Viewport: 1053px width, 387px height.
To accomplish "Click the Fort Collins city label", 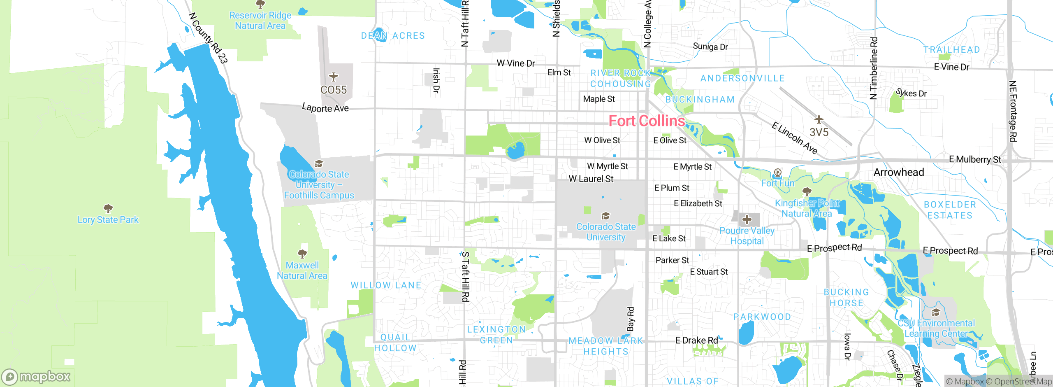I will pyautogui.click(x=647, y=121).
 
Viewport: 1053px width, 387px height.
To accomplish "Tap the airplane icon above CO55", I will pyautogui.click(x=334, y=77).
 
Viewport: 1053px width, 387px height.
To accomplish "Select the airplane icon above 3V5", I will pyautogui.click(x=819, y=119).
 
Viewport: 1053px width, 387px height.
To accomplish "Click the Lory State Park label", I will pyautogui.click(x=108, y=220).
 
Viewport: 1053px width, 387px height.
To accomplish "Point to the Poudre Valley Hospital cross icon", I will pyautogui.click(x=747, y=219).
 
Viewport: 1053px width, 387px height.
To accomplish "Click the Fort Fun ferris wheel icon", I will pyautogui.click(x=777, y=173).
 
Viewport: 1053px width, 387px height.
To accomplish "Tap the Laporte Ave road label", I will pyautogui.click(x=325, y=108).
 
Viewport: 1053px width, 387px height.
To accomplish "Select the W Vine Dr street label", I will pyautogui.click(x=516, y=63).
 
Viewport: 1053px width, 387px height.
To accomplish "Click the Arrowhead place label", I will pyautogui.click(x=899, y=172).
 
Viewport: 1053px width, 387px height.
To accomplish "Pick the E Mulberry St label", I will pyautogui.click(x=975, y=159).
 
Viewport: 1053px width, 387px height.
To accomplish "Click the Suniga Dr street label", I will pyautogui.click(x=710, y=47).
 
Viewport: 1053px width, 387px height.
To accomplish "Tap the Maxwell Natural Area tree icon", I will pyautogui.click(x=302, y=254).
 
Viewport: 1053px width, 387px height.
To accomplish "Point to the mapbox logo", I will pyautogui.click(x=36, y=376).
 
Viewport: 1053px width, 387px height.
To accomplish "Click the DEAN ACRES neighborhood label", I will pyautogui.click(x=393, y=36).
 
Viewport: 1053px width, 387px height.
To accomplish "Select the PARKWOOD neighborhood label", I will pyautogui.click(x=762, y=317).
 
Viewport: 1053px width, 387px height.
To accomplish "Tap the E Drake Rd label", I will pyautogui.click(x=696, y=340).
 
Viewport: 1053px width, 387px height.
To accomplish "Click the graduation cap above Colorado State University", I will pyautogui.click(x=605, y=216).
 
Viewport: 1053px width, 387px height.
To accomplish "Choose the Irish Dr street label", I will pyautogui.click(x=436, y=81).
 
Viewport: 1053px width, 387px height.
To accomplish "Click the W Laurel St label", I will pyautogui.click(x=591, y=179).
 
